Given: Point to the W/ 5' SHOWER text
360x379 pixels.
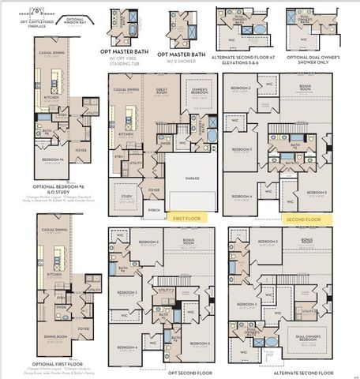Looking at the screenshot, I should (x=181, y=59).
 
